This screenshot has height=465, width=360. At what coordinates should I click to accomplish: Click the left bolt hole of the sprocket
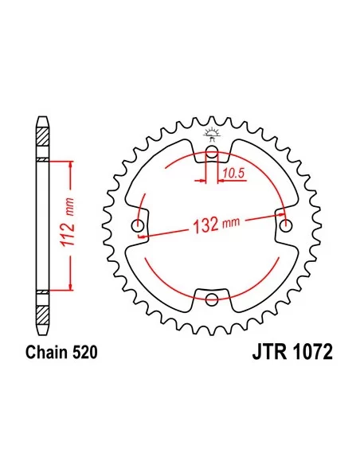138,226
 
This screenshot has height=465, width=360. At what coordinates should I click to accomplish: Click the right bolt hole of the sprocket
286,226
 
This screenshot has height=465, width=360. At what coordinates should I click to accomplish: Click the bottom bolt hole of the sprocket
211,299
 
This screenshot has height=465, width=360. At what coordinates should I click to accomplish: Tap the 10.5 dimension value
233,173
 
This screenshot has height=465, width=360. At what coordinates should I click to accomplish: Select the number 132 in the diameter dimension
205,225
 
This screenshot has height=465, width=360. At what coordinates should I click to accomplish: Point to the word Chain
46,352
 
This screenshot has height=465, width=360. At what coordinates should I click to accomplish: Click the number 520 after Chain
84,352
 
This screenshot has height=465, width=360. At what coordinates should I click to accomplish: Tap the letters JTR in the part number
269,352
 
